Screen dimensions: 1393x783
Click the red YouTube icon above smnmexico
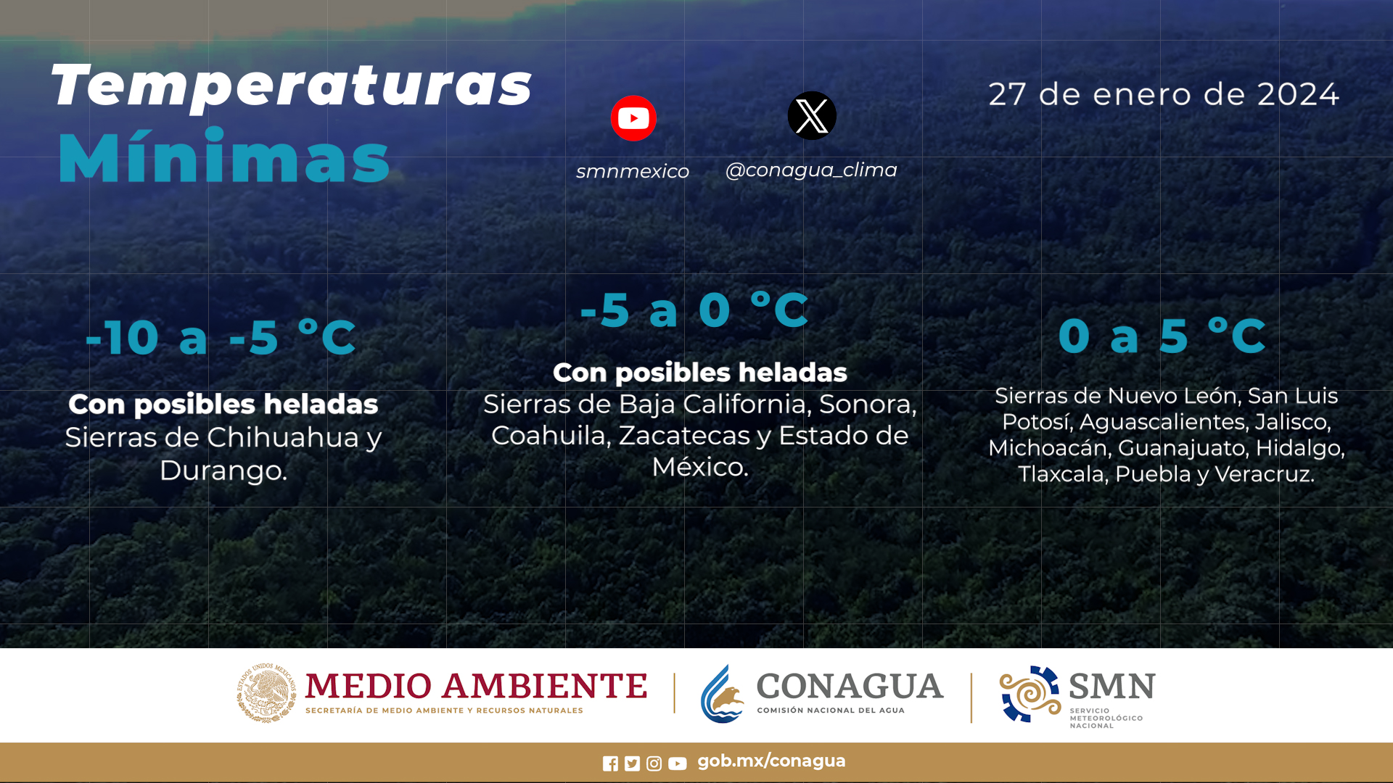tap(633, 118)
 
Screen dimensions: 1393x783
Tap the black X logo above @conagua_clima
tap(812, 115)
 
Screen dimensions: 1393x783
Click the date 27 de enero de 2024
tap(1164, 94)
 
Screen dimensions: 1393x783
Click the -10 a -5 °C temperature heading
tap(221, 337)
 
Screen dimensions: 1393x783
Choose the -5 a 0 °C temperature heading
tap(694, 310)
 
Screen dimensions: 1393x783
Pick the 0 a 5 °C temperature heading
tap(1162, 336)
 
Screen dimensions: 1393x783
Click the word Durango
tap(223, 471)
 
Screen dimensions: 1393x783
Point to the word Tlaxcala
tap(1062, 474)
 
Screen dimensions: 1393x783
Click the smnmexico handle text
tap(633, 171)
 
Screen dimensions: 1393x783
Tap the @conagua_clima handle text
tap(811, 170)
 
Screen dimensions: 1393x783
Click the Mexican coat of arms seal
tap(266, 692)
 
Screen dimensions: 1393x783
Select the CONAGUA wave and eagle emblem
tap(723, 694)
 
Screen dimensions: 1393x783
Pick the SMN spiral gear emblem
tap(1030, 694)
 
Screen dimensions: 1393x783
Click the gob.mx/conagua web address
tap(771, 761)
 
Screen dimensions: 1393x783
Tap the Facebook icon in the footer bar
tap(610, 763)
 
